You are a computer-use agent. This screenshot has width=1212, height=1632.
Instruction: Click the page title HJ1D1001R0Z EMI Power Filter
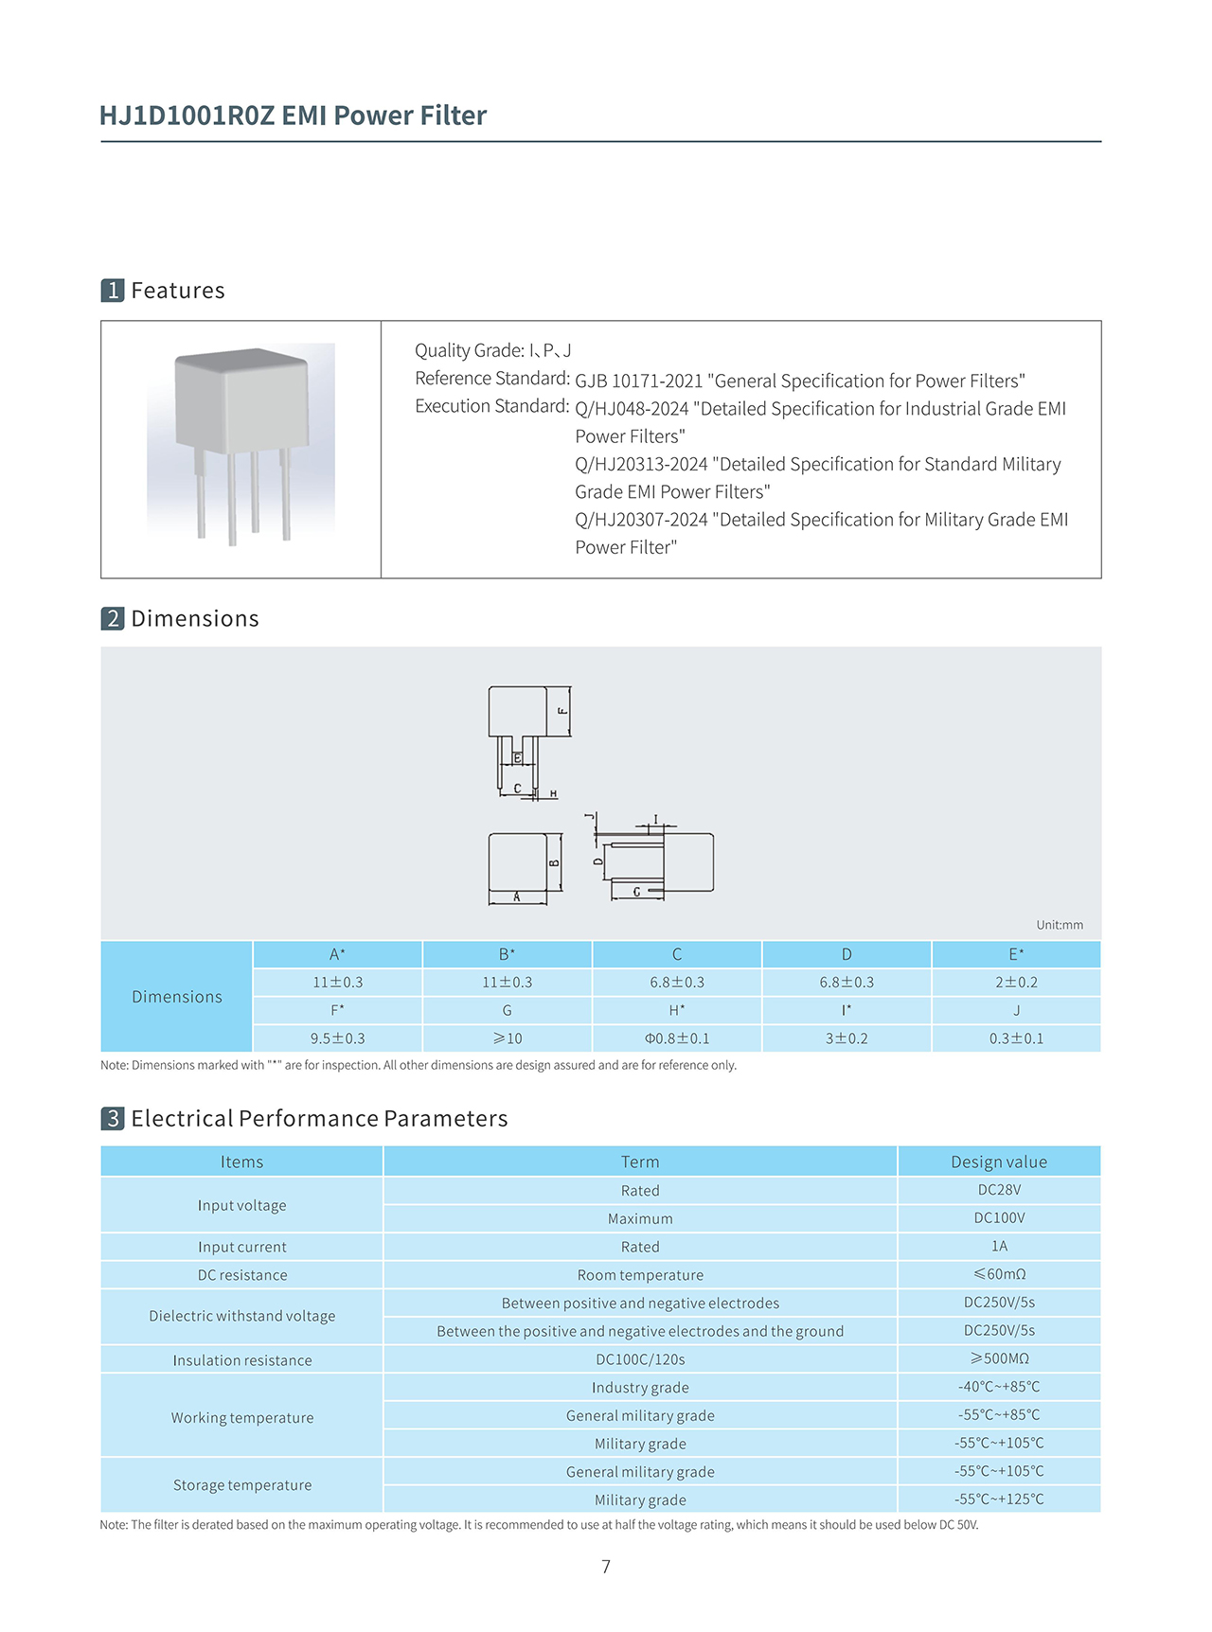(x=293, y=115)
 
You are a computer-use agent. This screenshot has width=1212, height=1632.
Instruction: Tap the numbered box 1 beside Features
(x=113, y=291)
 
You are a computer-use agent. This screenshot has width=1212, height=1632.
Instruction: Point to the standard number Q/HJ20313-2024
(x=641, y=464)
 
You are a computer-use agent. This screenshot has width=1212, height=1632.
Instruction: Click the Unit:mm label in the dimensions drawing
(x=1059, y=925)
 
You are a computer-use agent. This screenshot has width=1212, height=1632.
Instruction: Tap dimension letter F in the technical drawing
(x=562, y=710)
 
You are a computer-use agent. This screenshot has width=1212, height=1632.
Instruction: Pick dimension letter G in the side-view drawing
(x=636, y=892)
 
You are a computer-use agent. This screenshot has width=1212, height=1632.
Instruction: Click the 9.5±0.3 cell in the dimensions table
(x=337, y=1038)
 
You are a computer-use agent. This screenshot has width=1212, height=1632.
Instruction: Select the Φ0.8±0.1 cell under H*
(x=676, y=1038)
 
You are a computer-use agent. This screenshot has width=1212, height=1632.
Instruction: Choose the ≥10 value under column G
(x=507, y=1038)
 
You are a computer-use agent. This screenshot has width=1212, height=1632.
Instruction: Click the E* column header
(x=1015, y=954)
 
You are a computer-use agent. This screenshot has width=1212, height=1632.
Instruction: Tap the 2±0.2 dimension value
(x=1015, y=983)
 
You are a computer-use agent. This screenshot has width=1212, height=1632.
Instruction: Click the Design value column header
(x=998, y=1162)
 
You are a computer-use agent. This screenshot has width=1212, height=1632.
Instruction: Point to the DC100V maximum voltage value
(x=998, y=1218)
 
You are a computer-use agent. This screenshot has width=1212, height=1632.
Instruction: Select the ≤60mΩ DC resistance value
(x=998, y=1274)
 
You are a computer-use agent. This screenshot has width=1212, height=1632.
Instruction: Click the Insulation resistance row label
(x=241, y=1360)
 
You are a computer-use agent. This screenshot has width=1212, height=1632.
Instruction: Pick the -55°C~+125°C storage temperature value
(x=998, y=1499)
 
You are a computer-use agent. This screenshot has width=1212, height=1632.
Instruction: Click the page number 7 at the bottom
(x=606, y=1567)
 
